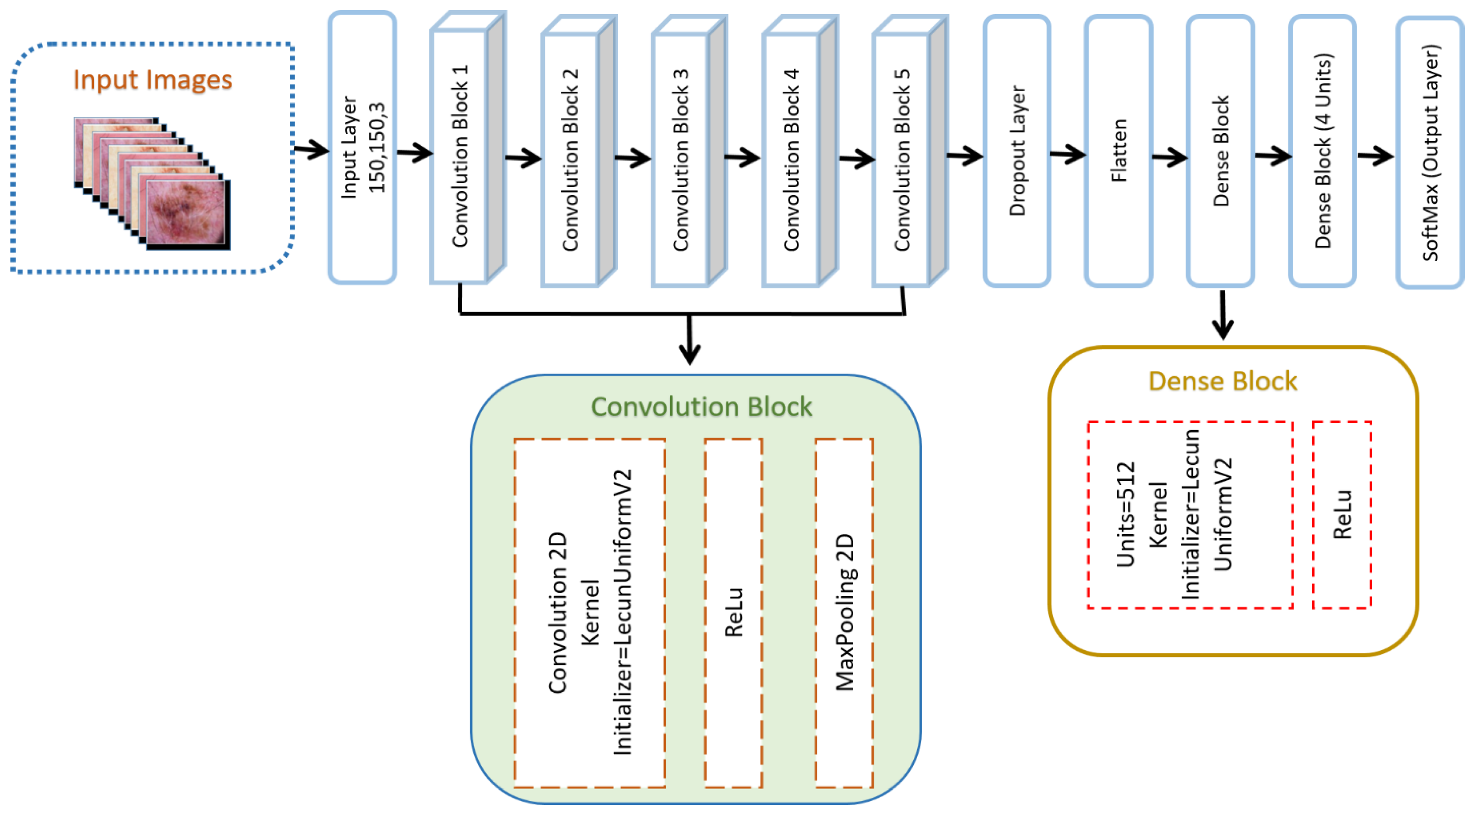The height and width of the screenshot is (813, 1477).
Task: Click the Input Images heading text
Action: tap(152, 80)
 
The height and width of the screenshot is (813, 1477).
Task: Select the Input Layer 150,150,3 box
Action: tap(362, 148)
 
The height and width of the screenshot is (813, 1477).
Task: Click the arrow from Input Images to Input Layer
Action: tap(311, 150)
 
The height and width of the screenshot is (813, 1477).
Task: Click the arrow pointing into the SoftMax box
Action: tap(1376, 155)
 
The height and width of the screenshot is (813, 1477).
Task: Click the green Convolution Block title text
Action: tap(701, 407)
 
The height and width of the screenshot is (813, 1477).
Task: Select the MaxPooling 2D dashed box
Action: tap(845, 612)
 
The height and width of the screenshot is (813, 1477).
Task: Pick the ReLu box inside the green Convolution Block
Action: tap(733, 612)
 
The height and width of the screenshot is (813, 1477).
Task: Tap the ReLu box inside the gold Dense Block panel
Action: tap(1342, 514)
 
